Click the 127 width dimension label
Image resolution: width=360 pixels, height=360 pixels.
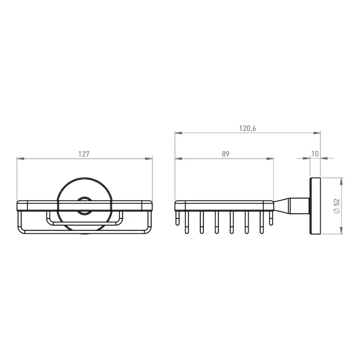click(x=84, y=154)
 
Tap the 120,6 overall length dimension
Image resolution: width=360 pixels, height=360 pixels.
click(x=247, y=128)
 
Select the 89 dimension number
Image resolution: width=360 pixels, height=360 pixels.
click(x=225, y=154)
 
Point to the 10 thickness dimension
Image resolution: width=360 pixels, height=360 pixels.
click(x=315, y=153)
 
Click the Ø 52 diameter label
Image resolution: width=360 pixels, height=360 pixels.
click(x=337, y=206)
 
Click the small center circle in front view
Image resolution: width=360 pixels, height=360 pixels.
click(x=84, y=206)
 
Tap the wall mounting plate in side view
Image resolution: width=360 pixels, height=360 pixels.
click(x=315, y=206)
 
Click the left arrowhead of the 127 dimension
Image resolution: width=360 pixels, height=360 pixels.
click(x=21, y=158)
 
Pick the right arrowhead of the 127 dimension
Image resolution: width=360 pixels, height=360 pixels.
click(x=148, y=158)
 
